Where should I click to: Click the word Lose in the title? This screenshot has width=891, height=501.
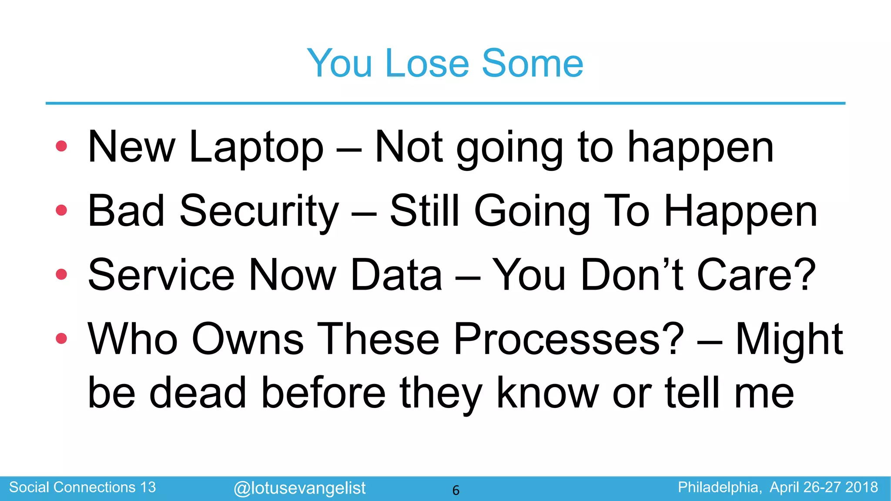click(x=427, y=63)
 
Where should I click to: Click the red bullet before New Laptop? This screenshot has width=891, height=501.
click(x=61, y=146)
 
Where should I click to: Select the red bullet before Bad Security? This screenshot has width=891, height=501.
click(x=61, y=210)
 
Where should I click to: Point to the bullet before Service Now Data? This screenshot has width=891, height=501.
click(x=61, y=274)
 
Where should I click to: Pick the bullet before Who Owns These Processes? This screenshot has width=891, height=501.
click(x=61, y=338)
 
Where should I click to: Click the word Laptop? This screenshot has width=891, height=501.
click(x=256, y=148)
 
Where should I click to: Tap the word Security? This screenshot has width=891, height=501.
click(x=259, y=212)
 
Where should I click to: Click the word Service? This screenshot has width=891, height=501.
click(x=161, y=275)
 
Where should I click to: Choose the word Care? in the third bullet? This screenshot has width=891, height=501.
click(x=756, y=275)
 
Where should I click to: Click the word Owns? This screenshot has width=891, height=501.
click(x=248, y=339)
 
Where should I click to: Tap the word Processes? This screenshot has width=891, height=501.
click(x=569, y=339)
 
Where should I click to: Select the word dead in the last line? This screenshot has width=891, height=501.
click(x=198, y=392)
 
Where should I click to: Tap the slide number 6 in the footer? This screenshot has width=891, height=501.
click(x=456, y=490)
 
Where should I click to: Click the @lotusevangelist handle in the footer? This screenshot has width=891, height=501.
click(x=299, y=488)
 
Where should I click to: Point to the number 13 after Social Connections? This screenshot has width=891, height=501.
click(x=148, y=487)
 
